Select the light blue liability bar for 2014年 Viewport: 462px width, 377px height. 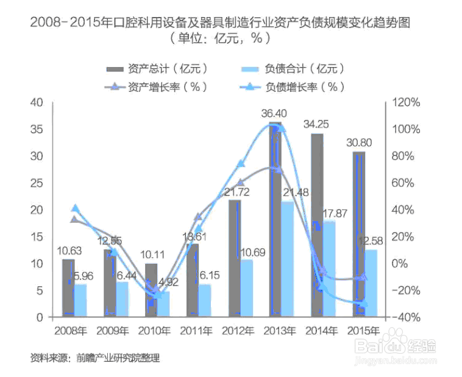point(329,268)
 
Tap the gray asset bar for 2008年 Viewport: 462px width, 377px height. point(68,287)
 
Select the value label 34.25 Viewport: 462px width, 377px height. point(316,124)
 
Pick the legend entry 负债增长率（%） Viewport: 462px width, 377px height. point(301,86)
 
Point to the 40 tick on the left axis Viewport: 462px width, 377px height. point(37,102)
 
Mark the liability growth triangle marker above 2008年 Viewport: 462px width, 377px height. point(75,209)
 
